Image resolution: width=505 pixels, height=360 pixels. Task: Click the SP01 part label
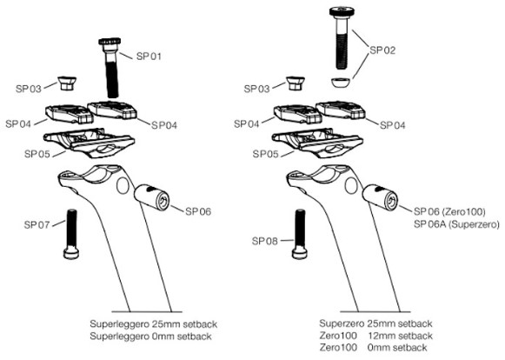(149, 56)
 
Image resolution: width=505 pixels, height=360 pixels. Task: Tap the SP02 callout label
(382, 50)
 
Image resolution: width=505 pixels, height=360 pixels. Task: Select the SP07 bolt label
(37, 224)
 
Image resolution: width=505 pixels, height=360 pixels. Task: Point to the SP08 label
(265, 241)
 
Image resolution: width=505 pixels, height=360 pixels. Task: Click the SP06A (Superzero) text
(456, 224)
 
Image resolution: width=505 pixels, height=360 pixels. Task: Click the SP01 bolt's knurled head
(110, 42)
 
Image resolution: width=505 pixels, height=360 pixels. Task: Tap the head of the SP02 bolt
(342, 11)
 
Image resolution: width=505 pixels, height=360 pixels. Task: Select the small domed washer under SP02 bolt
(341, 83)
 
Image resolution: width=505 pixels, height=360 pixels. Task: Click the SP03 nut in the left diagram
(67, 83)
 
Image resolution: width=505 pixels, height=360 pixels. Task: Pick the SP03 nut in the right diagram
(296, 83)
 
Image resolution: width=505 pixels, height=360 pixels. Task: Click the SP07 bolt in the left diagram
(71, 234)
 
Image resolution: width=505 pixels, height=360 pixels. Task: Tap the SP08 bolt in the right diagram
(300, 234)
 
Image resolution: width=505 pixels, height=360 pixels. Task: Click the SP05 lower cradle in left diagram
(90, 143)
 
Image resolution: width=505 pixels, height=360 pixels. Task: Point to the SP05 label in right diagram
(265, 154)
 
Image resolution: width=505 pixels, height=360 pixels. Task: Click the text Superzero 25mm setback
(375, 323)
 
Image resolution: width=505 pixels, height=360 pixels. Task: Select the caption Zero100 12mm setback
(375, 336)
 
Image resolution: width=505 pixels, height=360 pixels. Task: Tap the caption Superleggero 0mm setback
(150, 337)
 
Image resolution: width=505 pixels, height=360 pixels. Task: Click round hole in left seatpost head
(123, 185)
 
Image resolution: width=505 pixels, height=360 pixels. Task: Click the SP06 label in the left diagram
(198, 211)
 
